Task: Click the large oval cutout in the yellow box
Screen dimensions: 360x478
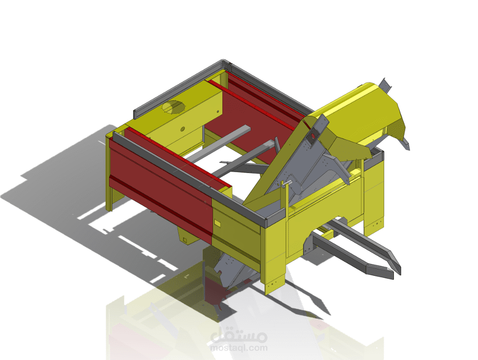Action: pos(173,107)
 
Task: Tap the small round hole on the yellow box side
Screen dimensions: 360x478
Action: pos(183,129)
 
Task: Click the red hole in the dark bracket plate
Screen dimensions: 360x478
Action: pos(313,135)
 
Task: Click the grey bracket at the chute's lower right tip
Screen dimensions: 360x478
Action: pos(406,143)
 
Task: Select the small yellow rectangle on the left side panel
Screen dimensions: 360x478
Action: pos(218,223)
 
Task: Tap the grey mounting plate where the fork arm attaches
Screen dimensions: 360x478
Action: pos(307,244)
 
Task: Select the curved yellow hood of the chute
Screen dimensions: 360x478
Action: pos(365,108)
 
